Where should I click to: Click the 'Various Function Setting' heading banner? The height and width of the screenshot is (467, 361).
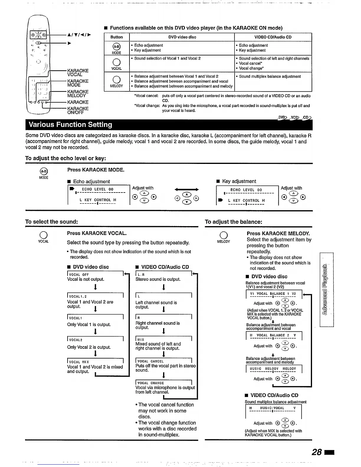[x=70, y=125]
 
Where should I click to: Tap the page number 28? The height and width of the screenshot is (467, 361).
[x=317, y=452]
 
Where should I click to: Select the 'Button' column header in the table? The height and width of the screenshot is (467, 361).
[x=116, y=37]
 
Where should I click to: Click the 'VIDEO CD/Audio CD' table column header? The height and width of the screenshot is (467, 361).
[x=273, y=37]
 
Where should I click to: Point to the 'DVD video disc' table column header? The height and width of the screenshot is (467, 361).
[x=182, y=37]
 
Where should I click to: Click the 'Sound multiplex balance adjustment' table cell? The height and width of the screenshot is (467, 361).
[x=270, y=76]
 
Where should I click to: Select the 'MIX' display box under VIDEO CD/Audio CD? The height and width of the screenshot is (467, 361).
[x=163, y=339]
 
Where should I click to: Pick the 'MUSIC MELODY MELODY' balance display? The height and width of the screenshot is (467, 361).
[x=273, y=369]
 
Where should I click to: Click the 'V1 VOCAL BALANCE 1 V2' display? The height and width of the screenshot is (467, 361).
[x=273, y=294]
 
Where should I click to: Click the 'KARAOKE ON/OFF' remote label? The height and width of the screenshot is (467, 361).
[x=78, y=111]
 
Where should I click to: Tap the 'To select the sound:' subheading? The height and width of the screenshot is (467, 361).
[x=52, y=222]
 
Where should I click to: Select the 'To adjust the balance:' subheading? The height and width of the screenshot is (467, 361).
[x=233, y=222]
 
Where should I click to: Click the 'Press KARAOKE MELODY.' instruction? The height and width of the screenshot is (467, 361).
[x=278, y=233]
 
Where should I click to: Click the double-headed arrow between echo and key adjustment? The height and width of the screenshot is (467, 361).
[x=186, y=190]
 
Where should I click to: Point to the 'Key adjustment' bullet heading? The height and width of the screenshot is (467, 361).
[x=239, y=181]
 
